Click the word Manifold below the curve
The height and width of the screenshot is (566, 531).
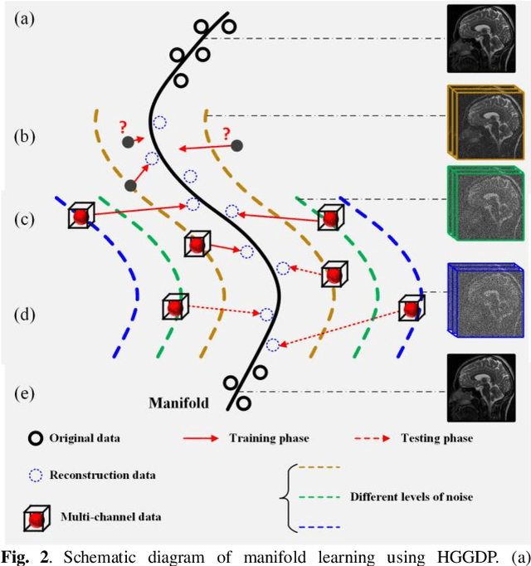(x=178, y=404)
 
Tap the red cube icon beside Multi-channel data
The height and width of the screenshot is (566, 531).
(x=34, y=515)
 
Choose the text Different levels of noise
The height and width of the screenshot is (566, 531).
(x=412, y=497)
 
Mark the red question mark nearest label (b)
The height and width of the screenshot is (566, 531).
(x=122, y=127)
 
